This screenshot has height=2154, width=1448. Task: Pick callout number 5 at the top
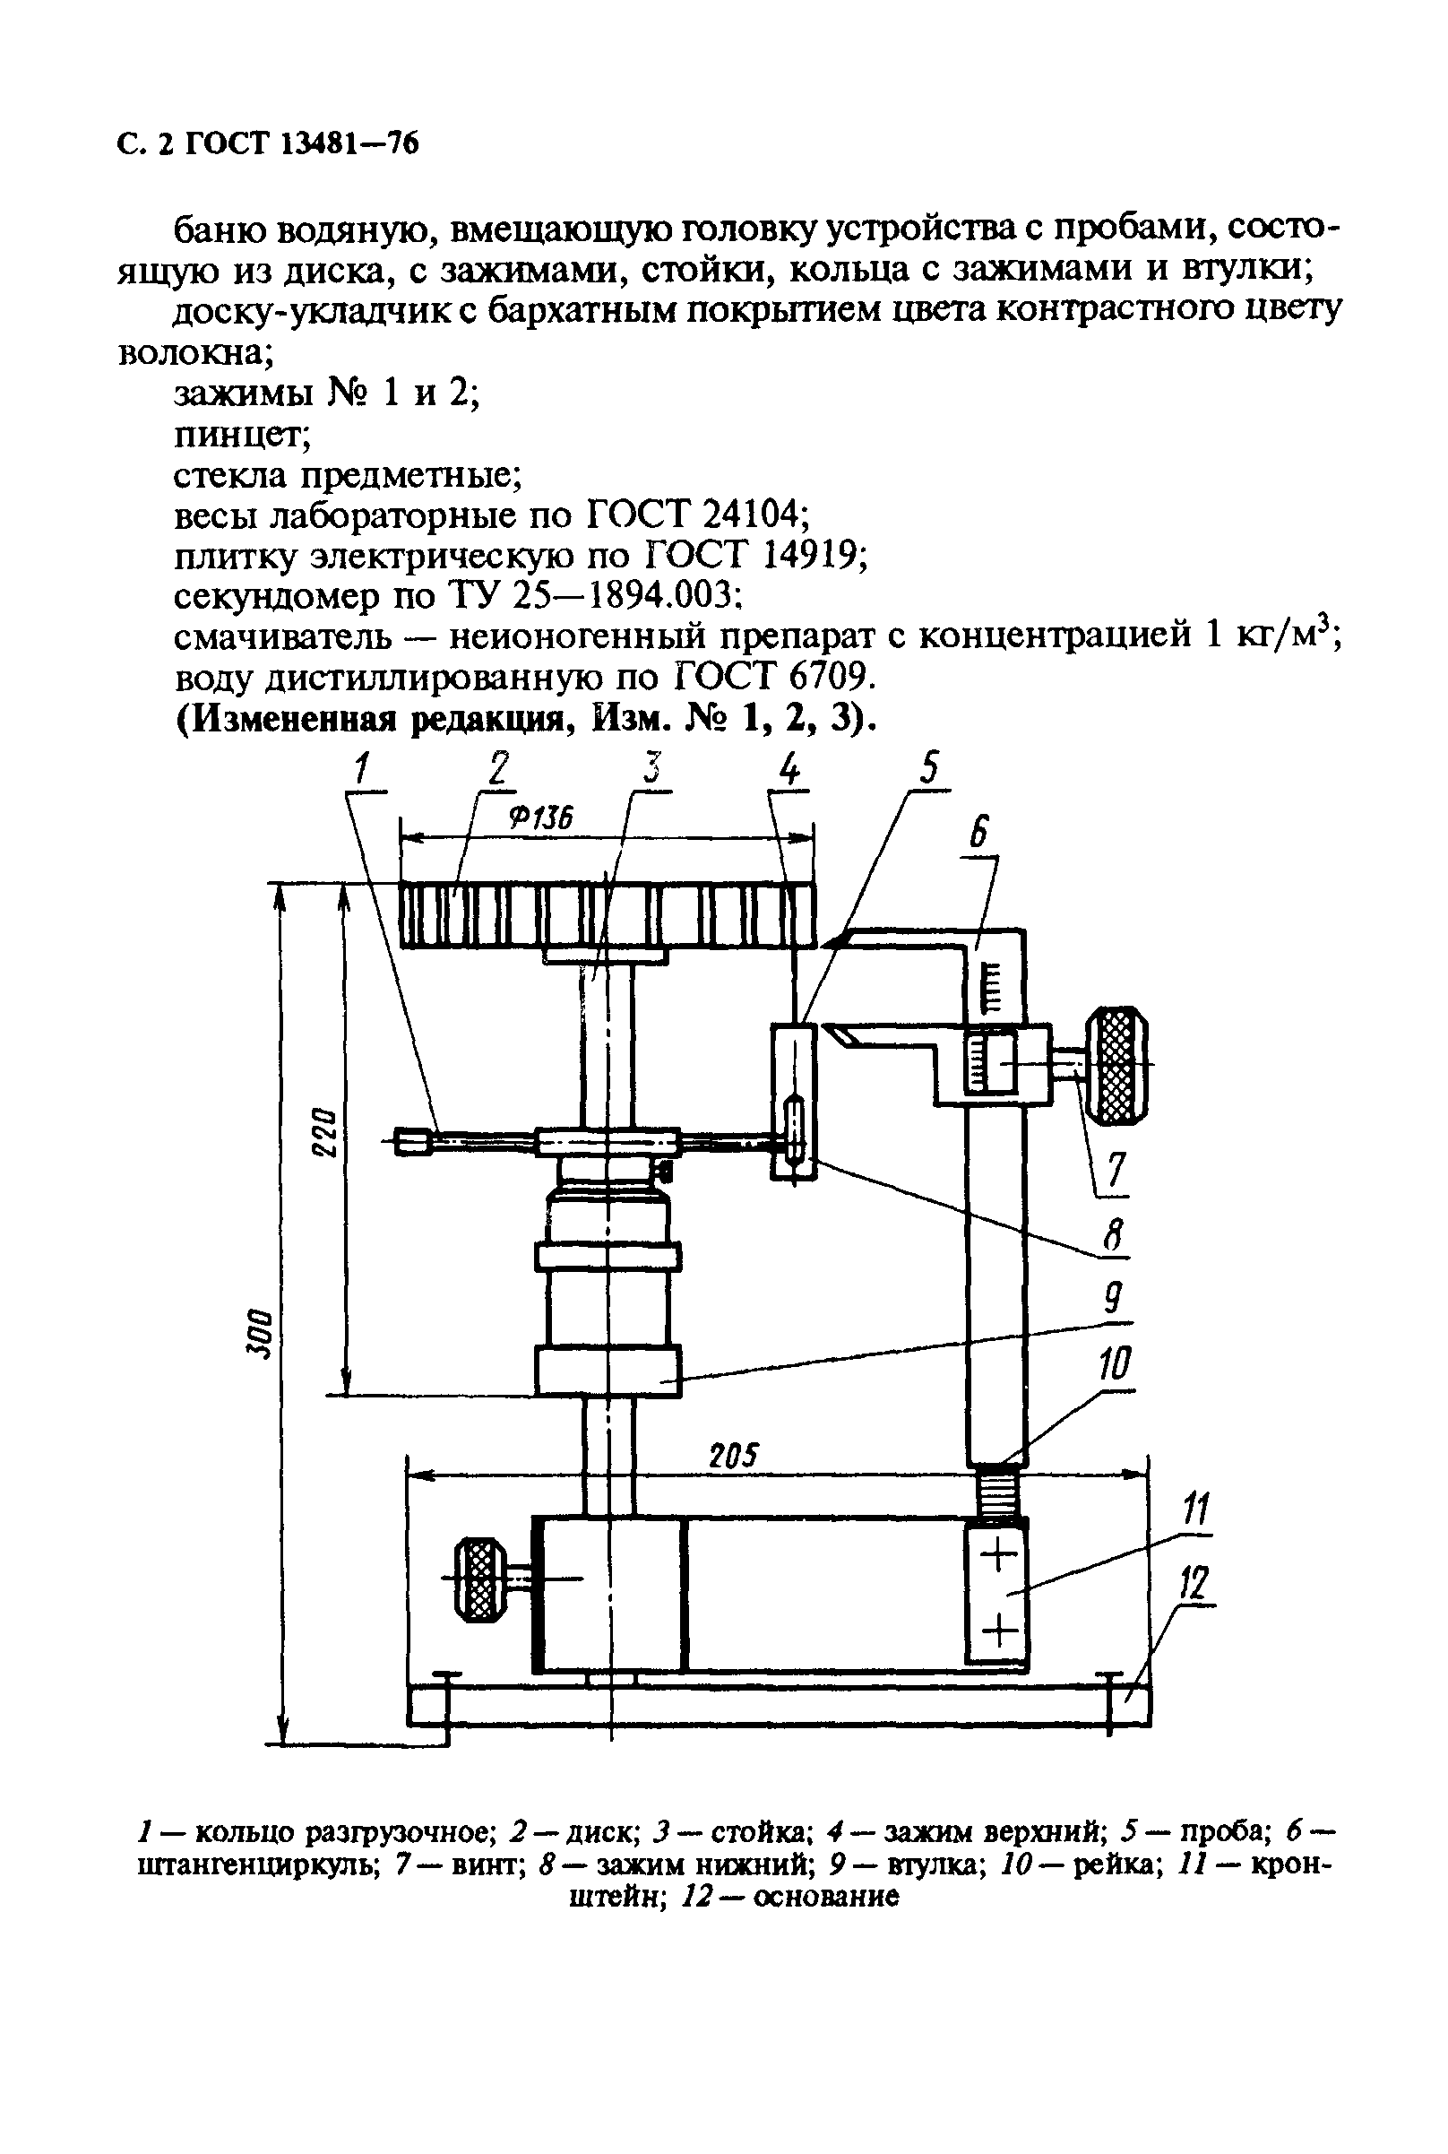929,768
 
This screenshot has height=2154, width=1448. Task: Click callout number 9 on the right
1114,1300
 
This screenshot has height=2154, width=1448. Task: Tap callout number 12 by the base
1194,1585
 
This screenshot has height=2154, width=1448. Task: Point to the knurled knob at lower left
478,1579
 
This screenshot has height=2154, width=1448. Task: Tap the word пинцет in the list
243,435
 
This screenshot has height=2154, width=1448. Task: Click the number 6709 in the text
825,679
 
